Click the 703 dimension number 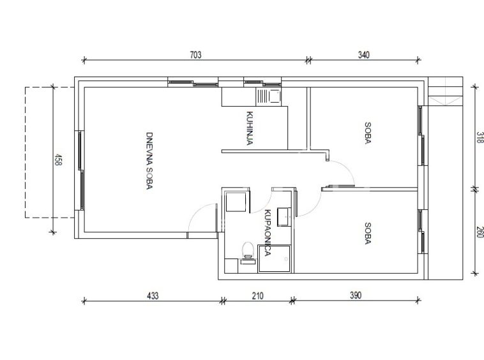pos(195,55)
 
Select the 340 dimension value pos(363,55)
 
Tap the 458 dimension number pos(58,160)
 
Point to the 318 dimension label pos(479,137)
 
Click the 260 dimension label pos(479,232)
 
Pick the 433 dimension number pos(153,296)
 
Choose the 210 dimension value pos(258,296)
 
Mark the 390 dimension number pos(356,296)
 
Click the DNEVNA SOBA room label pos(149,161)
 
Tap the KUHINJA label pos(250,128)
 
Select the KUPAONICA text pos(268,233)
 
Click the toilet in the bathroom pos(248,250)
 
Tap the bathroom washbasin pos(284,217)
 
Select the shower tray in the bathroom pos(275,259)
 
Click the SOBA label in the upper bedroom pos(368,133)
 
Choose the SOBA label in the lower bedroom pos(368,234)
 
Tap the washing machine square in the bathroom pos(237,202)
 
